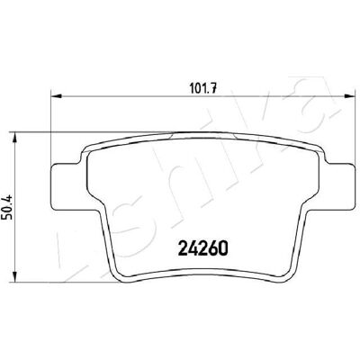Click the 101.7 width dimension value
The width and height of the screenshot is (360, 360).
pyautogui.click(x=203, y=88)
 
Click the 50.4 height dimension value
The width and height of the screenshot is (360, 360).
pyautogui.click(x=7, y=208)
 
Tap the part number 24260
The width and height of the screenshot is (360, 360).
pyautogui.click(x=203, y=247)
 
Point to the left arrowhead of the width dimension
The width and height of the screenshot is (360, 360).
pyautogui.click(x=57, y=96)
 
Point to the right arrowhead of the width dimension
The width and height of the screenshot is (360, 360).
pyautogui.click(x=348, y=96)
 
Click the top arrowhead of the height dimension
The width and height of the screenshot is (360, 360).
pyautogui.click(x=14, y=138)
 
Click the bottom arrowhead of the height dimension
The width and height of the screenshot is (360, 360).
pyautogui.click(x=14, y=276)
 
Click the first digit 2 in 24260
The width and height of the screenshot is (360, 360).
pyautogui.click(x=184, y=247)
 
